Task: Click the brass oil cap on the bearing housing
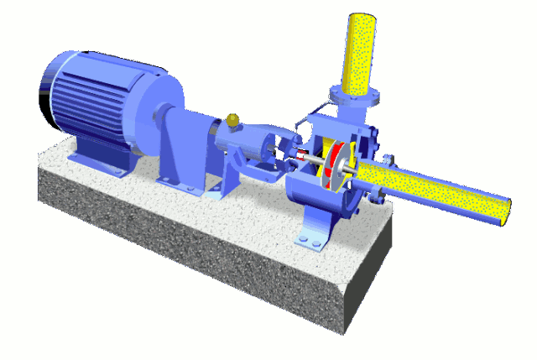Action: point(232,122)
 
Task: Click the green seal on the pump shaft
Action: point(277,154)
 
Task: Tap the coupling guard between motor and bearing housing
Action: point(181,143)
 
